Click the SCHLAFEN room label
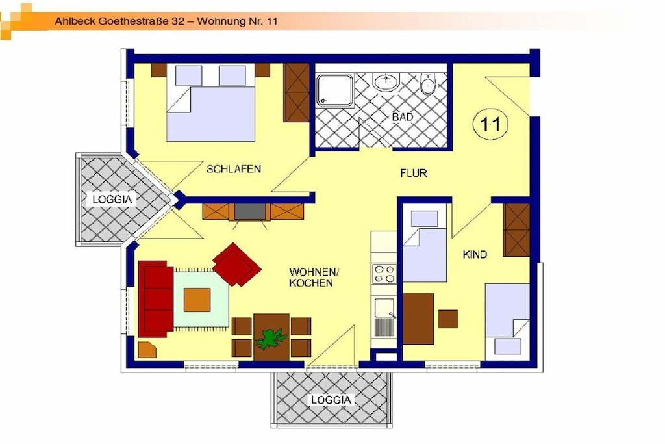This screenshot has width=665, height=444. pyautogui.click(x=234, y=169)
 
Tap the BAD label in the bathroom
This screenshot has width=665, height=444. pyautogui.click(x=403, y=117)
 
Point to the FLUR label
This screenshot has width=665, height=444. pyautogui.click(x=414, y=173)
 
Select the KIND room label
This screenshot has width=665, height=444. pyautogui.click(x=475, y=254)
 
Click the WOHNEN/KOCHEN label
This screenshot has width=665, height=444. pyautogui.click(x=314, y=277)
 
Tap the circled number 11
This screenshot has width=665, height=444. pyautogui.click(x=490, y=124)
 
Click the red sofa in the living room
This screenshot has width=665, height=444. pyautogui.click(x=155, y=299)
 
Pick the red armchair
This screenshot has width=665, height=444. pyautogui.click(x=236, y=264)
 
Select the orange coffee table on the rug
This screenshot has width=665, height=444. pyautogui.click(x=197, y=300)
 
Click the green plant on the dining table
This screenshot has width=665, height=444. pyautogui.click(x=270, y=338)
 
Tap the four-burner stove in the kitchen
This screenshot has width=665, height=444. pyautogui.click(x=384, y=274)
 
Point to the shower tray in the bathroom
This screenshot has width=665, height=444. pyautogui.click(x=334, y=90)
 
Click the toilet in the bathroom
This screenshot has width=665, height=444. pyautogui.click(x=429, y=84)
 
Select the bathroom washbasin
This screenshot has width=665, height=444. pyautogui.click(x=386, y=81)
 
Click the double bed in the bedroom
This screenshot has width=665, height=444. pyautogui.click(x=211, y=102)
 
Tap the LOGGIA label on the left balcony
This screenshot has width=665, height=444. pyautogui.click(x=112, y=199)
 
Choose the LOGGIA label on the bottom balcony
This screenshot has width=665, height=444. pyautogui.click(x=331, y=400)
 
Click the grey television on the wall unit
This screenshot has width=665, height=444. pyautogui.click(x=250, y=211)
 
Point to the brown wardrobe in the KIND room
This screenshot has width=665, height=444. pyautogui.click(x=516, y=230)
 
